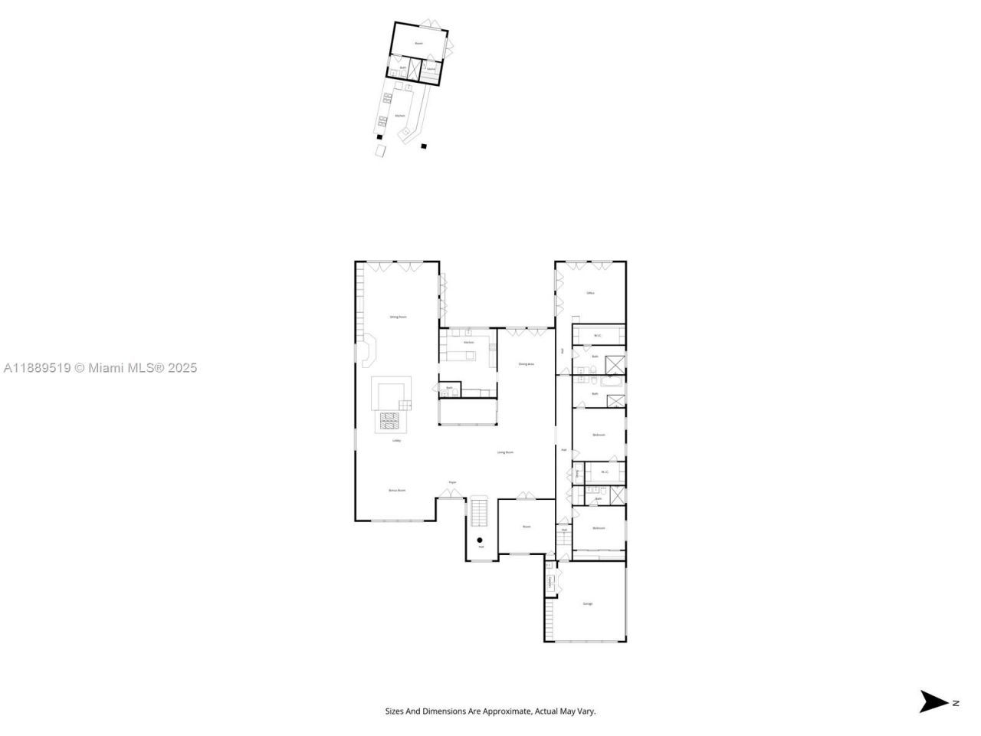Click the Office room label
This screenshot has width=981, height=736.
pos(590,293)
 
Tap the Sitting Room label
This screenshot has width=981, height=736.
pos(398,317)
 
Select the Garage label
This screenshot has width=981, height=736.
pos(588,604)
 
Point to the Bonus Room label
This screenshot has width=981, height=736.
pos(397,490)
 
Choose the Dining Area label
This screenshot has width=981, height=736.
pos(526,364)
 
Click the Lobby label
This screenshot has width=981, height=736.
pos(397,441)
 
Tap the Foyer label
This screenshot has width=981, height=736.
pos(452,482)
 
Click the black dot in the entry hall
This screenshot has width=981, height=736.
pos(480,540)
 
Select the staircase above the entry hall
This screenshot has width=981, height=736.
pos(478,511)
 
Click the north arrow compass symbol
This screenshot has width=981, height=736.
pos(933,701)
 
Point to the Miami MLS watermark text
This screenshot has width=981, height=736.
pos(100,368)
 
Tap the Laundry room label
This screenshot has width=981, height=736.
pos(550,582)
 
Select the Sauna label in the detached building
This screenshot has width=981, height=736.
pos(431,69)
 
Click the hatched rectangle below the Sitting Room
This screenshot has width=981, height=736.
pos(391,421)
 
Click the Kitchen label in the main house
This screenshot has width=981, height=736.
pos(468,342)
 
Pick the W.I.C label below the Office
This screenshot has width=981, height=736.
pos(597,335)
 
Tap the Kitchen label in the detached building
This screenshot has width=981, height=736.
pos(399,116)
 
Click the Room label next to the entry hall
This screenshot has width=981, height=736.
pos(527,527)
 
